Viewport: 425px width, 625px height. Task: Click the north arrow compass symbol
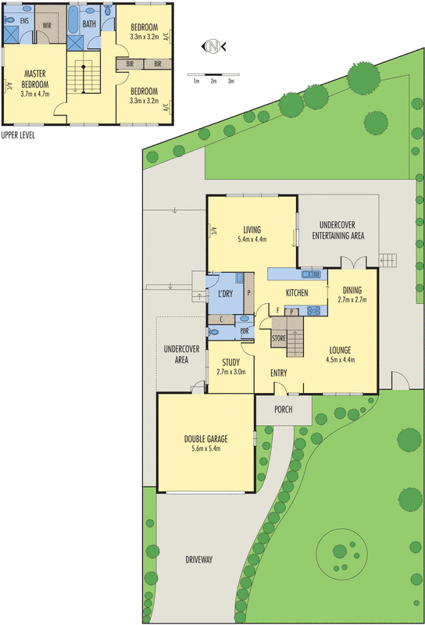(x=214, y=47)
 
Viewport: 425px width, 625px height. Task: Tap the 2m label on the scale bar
(x=214, y=81)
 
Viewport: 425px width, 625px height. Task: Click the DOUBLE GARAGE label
(x=205, y=439)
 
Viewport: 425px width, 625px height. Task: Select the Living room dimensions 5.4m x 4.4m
(x=252, y=240)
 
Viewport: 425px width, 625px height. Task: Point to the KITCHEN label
(x=297, y=293)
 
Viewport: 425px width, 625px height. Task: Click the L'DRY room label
(x=225, y=294)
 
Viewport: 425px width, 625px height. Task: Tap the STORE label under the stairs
(x=279, y=338)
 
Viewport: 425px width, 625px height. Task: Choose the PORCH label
(x=283, y=409)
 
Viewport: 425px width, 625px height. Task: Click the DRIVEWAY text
(x=199, y=559)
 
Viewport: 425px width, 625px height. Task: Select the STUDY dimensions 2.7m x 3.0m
(x=230, y=372)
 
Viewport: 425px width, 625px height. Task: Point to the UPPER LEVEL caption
(x=18, y=135)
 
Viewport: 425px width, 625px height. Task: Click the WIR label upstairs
(x=47, y=26)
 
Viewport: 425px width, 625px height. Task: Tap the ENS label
(x=24, y=20)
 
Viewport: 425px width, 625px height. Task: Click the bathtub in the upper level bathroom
(x=73, y=20)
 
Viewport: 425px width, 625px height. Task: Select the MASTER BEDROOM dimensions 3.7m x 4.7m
(x=35, y=95)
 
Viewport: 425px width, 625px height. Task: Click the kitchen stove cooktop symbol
(x=313, y=310)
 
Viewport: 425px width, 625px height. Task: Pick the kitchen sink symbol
(x=312, y=274)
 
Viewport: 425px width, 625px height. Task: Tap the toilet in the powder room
(x=213, y=331)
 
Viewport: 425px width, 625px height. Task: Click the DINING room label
(x=352, y=290)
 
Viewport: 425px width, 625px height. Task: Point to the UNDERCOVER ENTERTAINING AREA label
(x=337, y=230)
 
